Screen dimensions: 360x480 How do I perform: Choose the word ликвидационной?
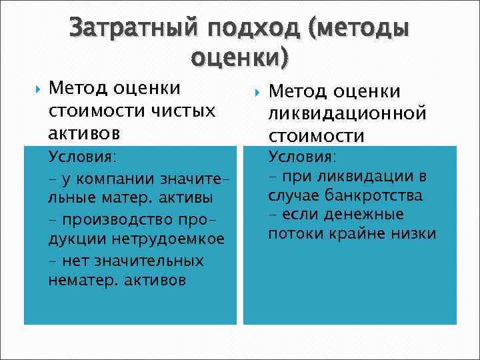pyautogui.click(x=347, y=114)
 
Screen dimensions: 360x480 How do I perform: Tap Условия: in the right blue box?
pyautogui.click(x=302, y=157)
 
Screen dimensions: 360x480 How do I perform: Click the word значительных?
pyautogui.click(x=150, y=260)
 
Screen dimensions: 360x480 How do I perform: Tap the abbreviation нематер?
pyautogui.click(x=82, y=280)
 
